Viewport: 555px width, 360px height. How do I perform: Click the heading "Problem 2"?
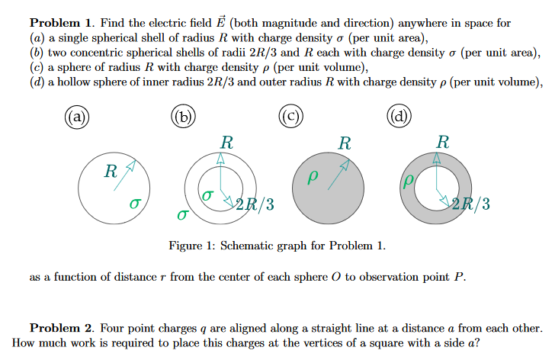(61, 328)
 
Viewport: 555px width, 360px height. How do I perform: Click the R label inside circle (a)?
(111, 172)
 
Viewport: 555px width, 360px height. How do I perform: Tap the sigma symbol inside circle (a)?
(134, 204)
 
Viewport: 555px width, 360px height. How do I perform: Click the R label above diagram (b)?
(226, 142)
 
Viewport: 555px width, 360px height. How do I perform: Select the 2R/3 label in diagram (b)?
(255, 204)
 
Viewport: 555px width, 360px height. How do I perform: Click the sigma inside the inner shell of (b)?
(207, 196)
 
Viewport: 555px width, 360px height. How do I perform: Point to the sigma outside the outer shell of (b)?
(181, 216)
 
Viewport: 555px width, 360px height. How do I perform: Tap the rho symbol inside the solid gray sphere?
(311, 177)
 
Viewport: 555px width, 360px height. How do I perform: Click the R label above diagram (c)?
(345, 142)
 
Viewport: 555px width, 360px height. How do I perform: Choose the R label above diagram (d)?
(442, 142)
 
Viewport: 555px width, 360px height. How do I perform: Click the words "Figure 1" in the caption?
(191, 246)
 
